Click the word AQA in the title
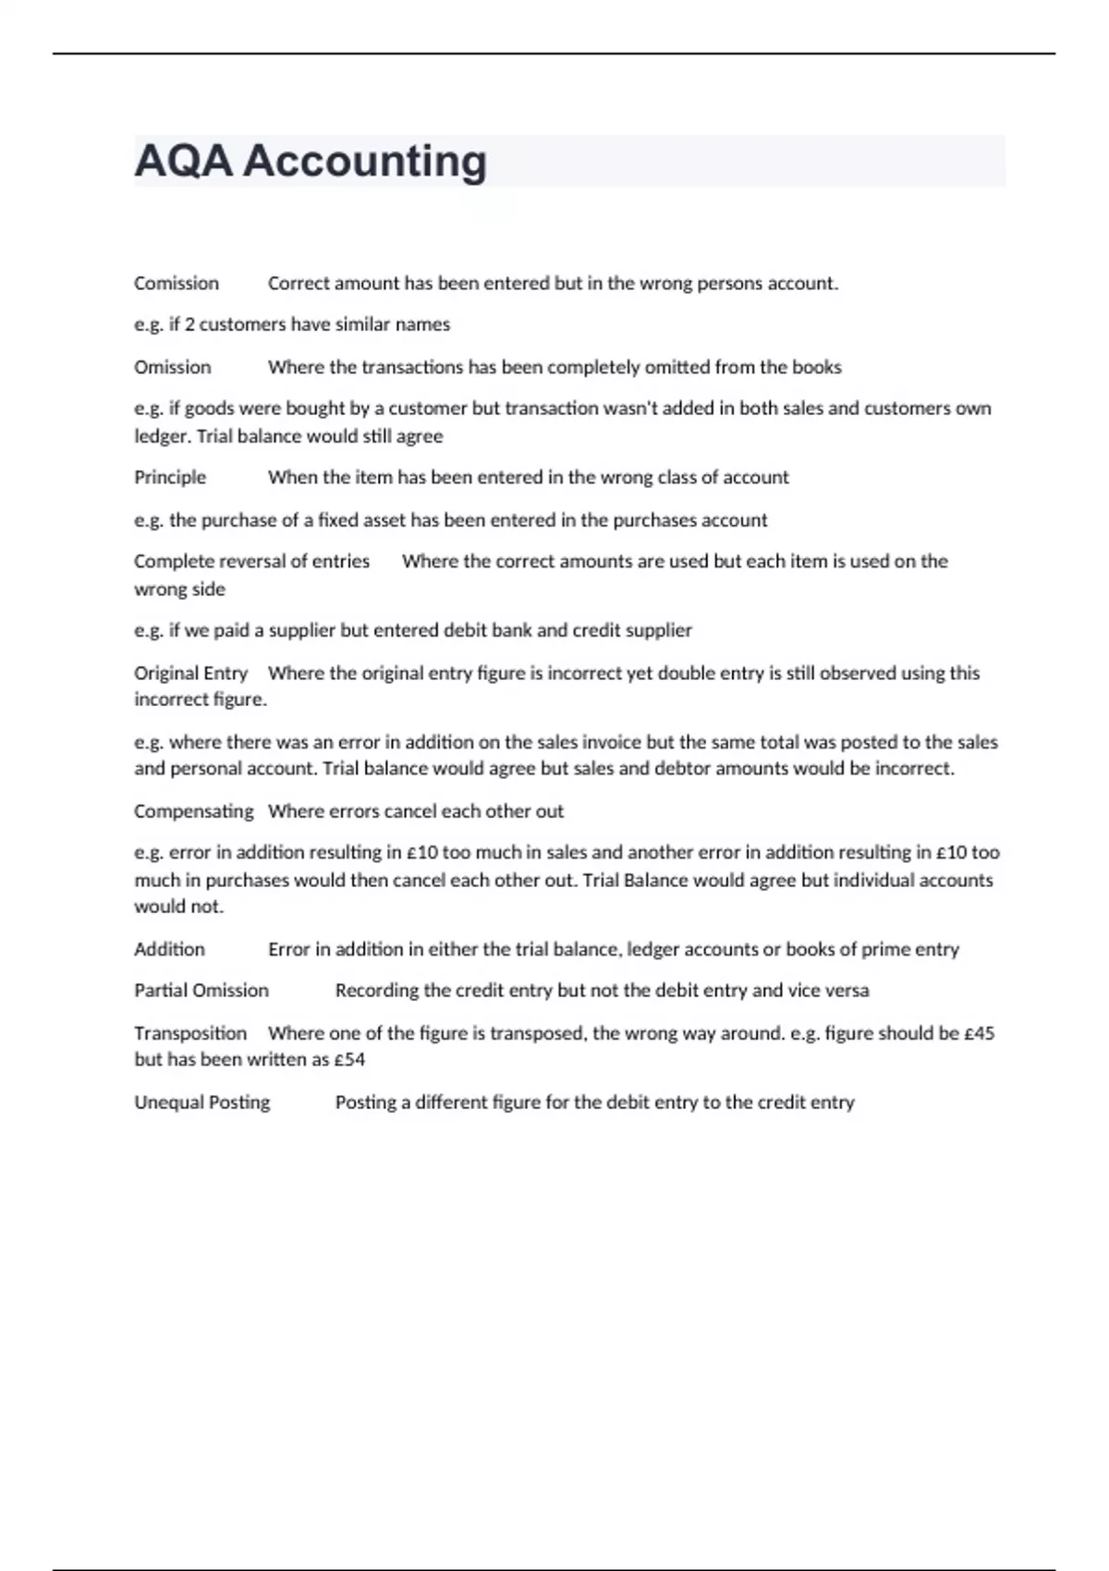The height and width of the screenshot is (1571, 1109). (x=183, y=161)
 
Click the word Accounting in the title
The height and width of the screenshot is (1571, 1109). (x=365, y=161)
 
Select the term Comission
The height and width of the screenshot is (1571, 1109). (x=177, y=284)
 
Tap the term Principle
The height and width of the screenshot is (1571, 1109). (x=170, y=478)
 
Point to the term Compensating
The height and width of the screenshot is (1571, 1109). (x=193, y=811)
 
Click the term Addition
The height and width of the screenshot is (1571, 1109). (x=169, y=949)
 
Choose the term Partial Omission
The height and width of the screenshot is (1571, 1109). (x=201, y=991)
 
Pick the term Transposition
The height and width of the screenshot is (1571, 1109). (x=190, y=1033)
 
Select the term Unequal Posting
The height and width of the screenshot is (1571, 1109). (x=202, y=1102)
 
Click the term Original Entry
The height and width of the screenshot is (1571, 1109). (x=190, y=673)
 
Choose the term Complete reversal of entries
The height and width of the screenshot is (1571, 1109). (x=251, y=561)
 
